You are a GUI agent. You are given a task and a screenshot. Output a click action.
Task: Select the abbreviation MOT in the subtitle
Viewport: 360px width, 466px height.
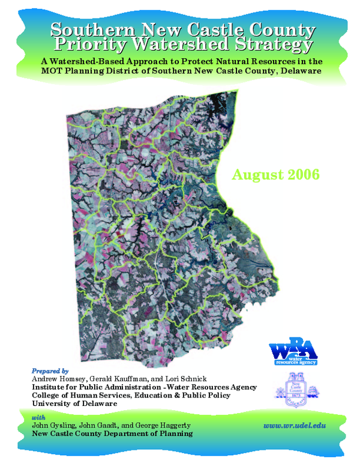click(x=52, y=71)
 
